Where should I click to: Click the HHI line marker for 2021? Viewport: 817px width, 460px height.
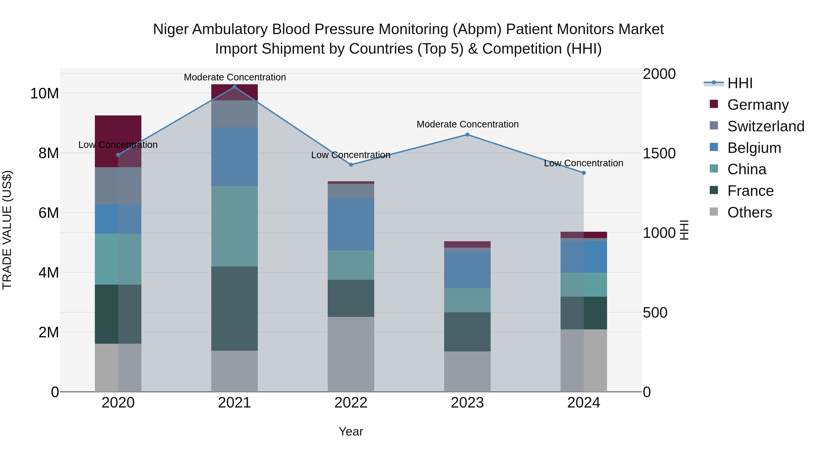click(x=234, y=87)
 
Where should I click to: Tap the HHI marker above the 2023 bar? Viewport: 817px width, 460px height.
click(x=467, y=135)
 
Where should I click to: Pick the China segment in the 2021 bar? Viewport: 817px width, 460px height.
click(x=234, y=226)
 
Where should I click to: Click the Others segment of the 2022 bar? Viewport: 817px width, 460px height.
click(x=351, y=354)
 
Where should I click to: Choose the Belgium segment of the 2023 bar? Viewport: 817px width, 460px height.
click(x=467, y=270)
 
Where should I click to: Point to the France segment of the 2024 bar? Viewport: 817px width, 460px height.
click(x=583, y=313)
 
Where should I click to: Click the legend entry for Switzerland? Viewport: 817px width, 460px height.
click(x=766, y=126)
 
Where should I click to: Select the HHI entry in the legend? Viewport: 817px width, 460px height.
click(x=740, y=83)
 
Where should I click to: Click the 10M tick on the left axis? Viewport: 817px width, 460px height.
click(x=44, y=94)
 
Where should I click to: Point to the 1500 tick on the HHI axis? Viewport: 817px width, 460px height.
click(x=659, y=154)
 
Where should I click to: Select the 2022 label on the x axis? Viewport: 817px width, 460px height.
click(x=351, y=403)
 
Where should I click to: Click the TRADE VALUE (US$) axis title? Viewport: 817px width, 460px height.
click(x=7, y=230)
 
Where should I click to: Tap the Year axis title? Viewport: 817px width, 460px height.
click(x=351, y=431)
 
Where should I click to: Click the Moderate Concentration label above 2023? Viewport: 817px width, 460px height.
click(x=468, y=124)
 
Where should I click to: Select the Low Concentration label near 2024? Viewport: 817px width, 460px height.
click(x=583, y=163)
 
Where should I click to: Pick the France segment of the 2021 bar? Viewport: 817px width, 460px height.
click(x=234, y=308)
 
